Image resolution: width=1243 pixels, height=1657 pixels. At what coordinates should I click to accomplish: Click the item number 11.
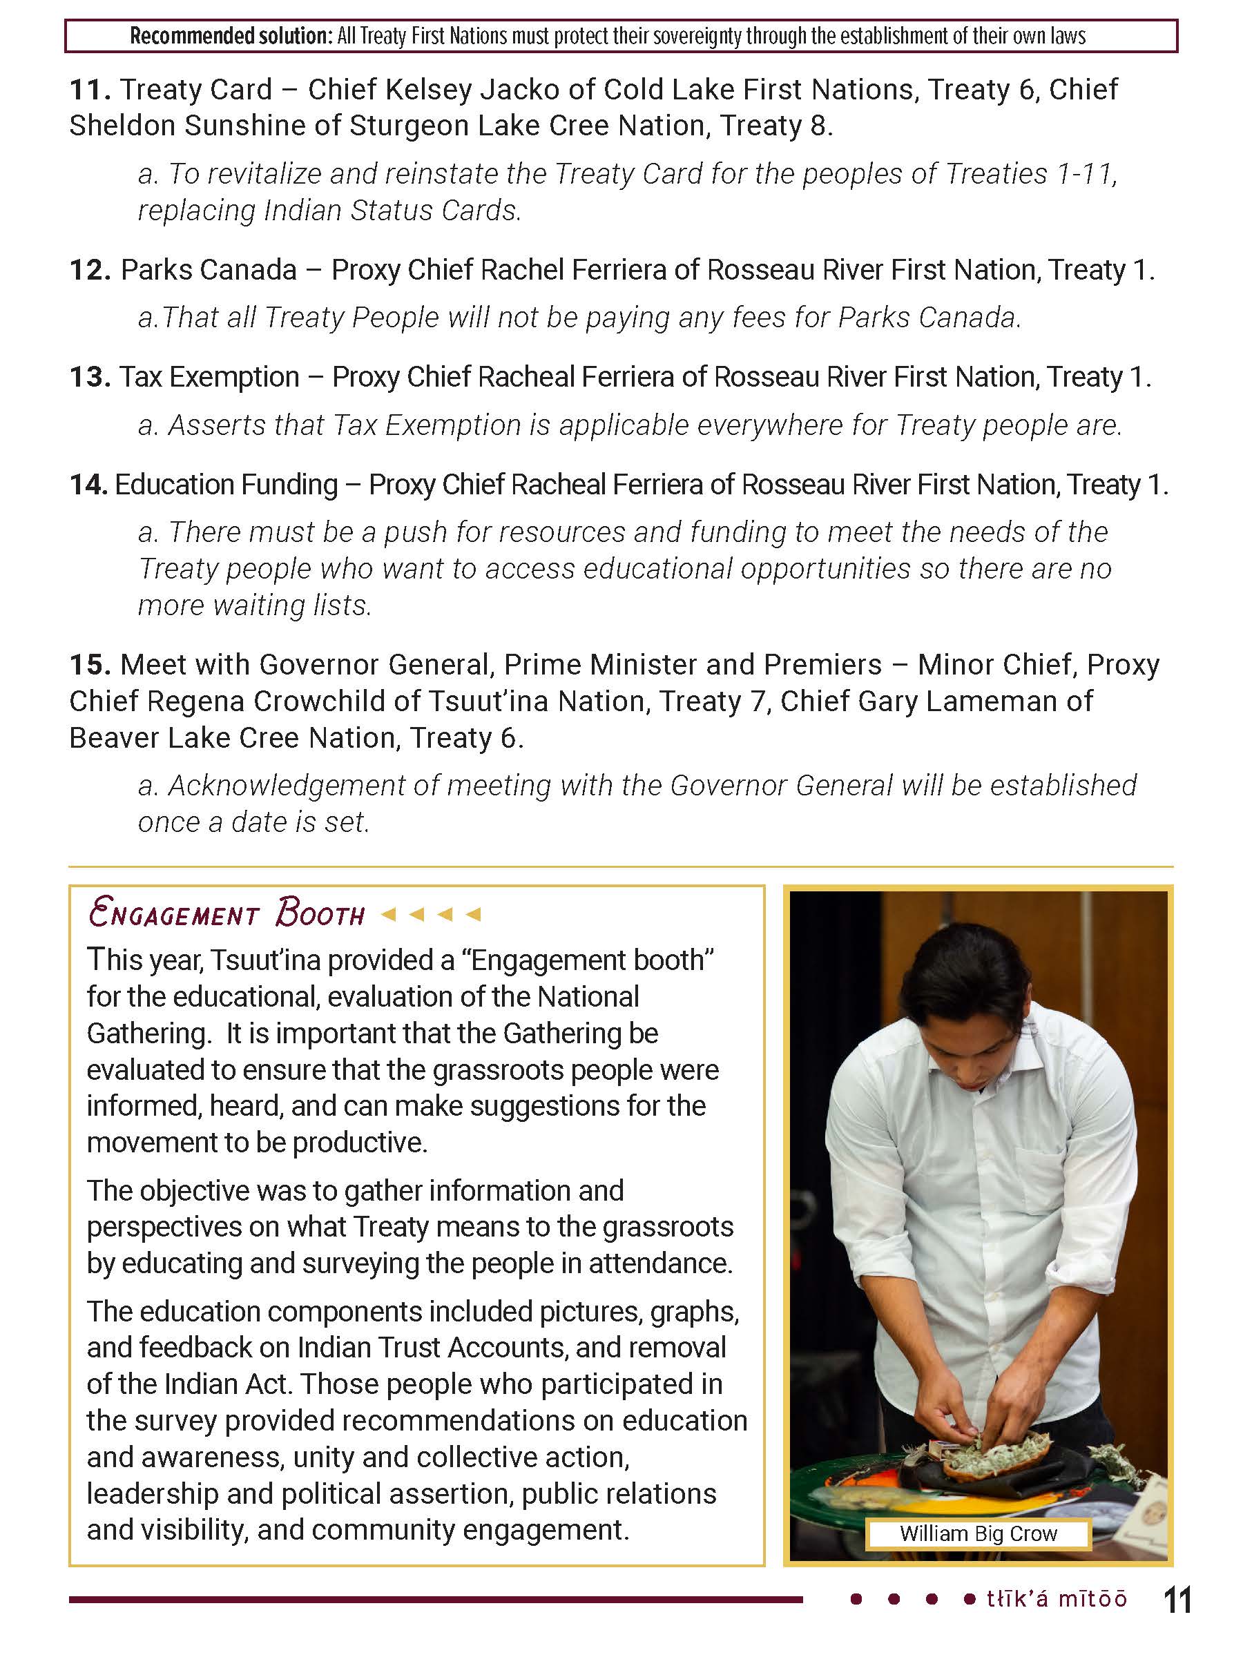pyautogui.click(x=90, y=90)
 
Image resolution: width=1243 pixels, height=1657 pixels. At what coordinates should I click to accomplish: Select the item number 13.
pyautogui.click(x=90, y=378)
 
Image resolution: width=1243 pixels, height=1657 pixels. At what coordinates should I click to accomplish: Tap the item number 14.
pyautogui.click(x=88, y=485)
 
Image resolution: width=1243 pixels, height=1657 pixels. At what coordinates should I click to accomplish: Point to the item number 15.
pyautogui.click(x=90, y=665)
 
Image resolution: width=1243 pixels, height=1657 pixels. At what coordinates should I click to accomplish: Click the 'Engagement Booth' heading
pyautogui.click(x=227, y=914)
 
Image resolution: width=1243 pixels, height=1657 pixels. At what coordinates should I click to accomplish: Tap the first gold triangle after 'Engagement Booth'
pyautogui.click(x=388, y=914)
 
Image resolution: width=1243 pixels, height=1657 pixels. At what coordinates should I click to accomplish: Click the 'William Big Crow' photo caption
pyautogui.click(x=978, y=1533)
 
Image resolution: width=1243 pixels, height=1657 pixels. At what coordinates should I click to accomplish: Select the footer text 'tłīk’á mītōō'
pyautogui.click(x=1057, y=1599)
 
